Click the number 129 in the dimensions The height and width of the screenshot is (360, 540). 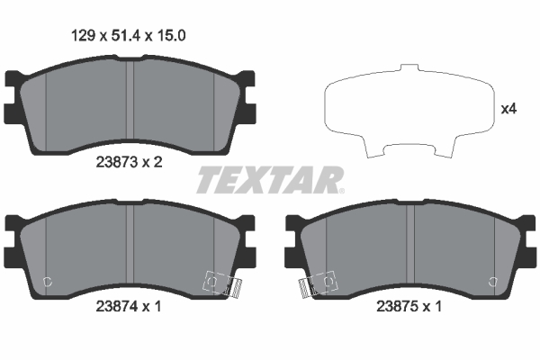83,37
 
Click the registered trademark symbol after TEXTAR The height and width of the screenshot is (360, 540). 340,190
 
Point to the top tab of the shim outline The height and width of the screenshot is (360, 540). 408,69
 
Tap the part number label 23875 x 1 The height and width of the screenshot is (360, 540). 408,306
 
